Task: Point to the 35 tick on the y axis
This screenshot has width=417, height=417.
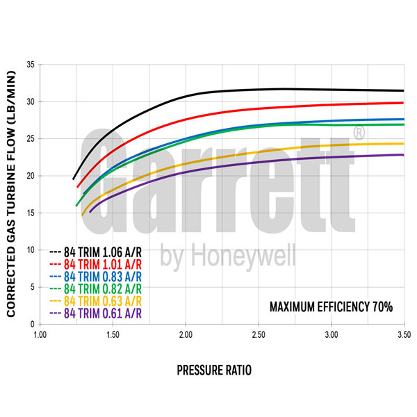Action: [30, 65]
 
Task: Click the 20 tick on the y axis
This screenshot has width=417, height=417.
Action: [30, 176]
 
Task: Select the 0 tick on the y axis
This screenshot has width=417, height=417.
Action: [32, 324]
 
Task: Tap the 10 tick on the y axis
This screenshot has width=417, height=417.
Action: [30, 250]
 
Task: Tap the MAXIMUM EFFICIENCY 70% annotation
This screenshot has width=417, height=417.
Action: [331, 306]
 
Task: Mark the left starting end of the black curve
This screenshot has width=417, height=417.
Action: [73, 179]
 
